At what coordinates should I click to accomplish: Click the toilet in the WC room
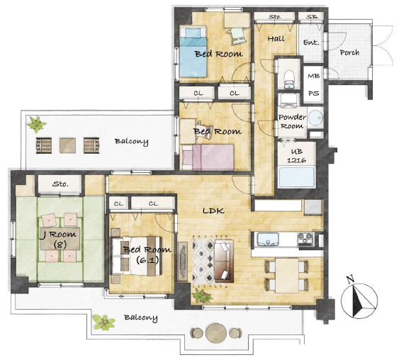(x=288, y=78)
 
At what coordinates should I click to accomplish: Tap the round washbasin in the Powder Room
(x=315, y=118)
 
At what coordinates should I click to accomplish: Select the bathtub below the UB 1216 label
(x=297, y=177)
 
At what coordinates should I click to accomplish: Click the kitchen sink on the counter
(x=268, y=240)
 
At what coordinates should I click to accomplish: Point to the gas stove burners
(x=305, y=239)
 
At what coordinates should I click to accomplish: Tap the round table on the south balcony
(x=216, y=333)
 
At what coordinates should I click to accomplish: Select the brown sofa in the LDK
(x=224, y=261)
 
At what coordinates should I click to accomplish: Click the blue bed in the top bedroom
(x=193, y=52)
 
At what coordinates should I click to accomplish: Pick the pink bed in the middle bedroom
(x=208, y=157)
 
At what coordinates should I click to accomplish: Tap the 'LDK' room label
(x=213, y=210)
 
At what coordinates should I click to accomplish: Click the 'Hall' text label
(x=276, y=39)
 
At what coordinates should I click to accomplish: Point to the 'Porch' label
(x=349, y=52)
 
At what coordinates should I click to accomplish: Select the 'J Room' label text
(x=60, y=235)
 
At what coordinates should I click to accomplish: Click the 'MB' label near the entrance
(x=314, y=76)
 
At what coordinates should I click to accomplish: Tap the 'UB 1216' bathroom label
(x=297, y=156)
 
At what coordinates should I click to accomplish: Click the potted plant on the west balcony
(x=37, y=124)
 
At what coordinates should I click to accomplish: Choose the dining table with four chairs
(x=287, y=276)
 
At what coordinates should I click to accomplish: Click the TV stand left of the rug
(x=183, y=261)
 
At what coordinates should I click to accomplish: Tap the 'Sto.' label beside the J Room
(x=60, y=184)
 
